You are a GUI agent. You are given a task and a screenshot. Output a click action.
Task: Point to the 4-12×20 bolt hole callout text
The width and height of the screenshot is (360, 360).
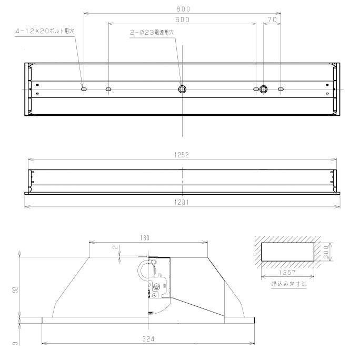(45, 32)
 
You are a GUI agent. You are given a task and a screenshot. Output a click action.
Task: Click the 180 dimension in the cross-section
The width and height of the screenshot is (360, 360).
(146, 238)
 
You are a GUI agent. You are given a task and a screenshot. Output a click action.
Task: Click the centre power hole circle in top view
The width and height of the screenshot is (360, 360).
(182, 89)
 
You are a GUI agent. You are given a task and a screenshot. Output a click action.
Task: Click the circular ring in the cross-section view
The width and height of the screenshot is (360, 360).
(144, 270)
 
